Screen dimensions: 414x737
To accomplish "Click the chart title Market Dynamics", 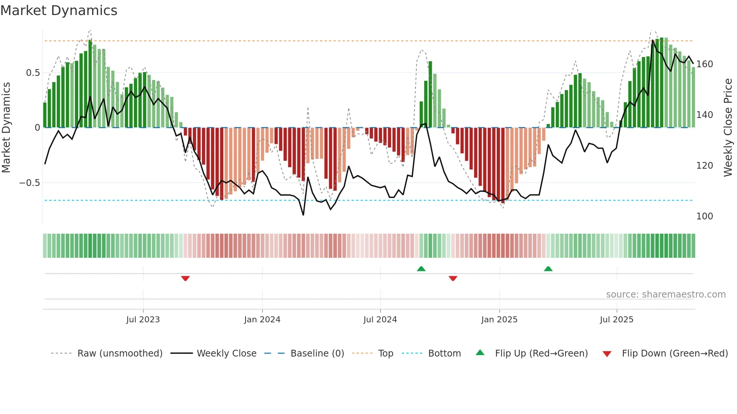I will pyautogui.click(x=59, y=11).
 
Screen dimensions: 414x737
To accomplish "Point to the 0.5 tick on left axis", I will pyautogui.click(x=33, y=73).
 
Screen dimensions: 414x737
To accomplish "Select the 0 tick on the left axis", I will pyautogui.click(x=37, y=128).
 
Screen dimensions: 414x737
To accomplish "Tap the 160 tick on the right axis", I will pyautogui.click(x=704, y=64).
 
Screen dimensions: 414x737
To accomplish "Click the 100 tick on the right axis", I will pyautogui.click(x=704, y=216).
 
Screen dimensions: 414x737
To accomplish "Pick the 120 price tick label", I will pyautogui.click(x=704, y=166).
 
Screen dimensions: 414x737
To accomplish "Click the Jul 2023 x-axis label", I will pyautogui.click(x=143, y=320).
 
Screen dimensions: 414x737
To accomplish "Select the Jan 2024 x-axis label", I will pyautogui.click(x=262, y=320).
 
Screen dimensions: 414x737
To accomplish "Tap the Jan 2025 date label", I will pyautogui.click(x=499, y=320).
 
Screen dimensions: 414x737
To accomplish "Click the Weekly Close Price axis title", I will pyautogui.click(x=728, y=128).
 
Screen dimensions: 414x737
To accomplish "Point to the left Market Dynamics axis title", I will pyautogui.click(x=6, y=128).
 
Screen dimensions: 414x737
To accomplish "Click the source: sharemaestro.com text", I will pyautogui.click(x=666, y=295).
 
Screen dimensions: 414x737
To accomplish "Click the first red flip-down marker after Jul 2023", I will pyautogui.click(x=185, y=278).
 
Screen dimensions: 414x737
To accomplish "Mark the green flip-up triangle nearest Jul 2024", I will pyautogui.click(x=421, y=269).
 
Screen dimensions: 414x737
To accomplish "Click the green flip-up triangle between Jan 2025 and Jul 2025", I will pyautogui.click(x=548, y=269).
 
